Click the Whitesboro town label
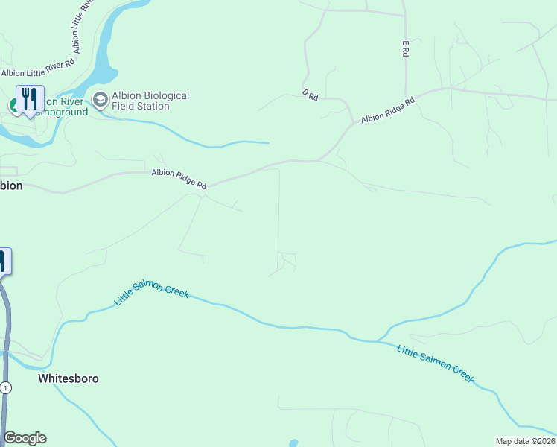pyautogui.click(x=68, y=378)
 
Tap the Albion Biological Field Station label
pyautogui.click(x=150, y=101)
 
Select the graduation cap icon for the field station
pyautogui.click(x=101, y=99)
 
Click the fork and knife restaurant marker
pyautogui.click(x=30, y=99)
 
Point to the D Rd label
pyautogui.click(x=311, y=95)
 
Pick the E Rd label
pyautogui.click(x=406, y=49)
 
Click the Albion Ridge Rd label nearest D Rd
pyautogui.click(x=387, y=110)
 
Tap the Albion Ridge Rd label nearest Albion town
pyautogui.click(x=179, y=179)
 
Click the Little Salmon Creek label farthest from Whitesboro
pyautogui.click(x=436, y=364)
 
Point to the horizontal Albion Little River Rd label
pyautogui.click(x=37, y=73)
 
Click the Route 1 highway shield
pyautogui.click(x=6, y=387)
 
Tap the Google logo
pyautogui.click(x=25, y=438)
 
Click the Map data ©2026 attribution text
pyautogui.click(x=526, y=441)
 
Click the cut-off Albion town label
pyautogui.click(x=11, y=186)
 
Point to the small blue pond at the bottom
pyautogui.click(x=293, y=443)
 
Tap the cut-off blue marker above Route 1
pyautogui.click(x=2, y=261)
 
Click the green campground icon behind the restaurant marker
pyautogui.click(x=13, y=106)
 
